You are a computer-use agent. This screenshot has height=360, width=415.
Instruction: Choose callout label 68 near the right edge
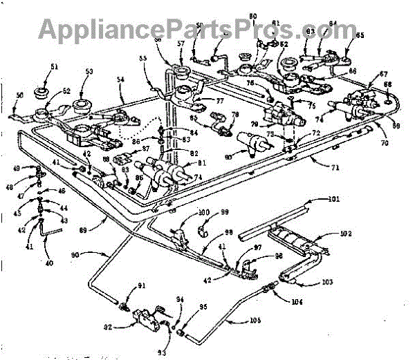click(388, 86)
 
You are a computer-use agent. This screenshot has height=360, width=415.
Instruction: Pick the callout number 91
click(142, 286)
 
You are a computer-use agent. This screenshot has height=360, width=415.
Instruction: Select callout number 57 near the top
click(181, 43)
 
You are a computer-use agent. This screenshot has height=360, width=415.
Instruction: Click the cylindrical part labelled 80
click(253, 143)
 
